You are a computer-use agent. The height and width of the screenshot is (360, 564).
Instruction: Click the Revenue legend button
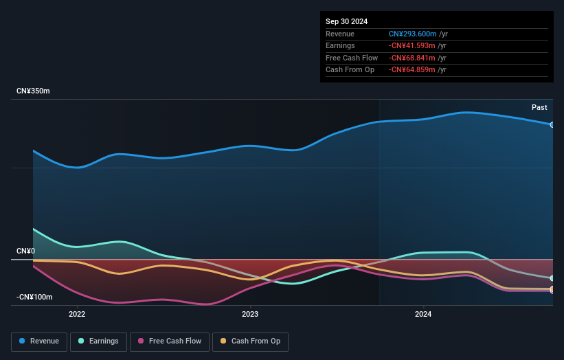point(39,341)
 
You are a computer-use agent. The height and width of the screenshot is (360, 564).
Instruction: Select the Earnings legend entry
point(98,341)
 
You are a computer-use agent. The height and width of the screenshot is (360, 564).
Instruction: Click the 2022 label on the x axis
point(77,315)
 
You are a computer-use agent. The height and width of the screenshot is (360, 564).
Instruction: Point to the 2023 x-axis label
point(250,315)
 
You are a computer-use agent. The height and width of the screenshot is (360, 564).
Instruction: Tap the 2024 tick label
point(423,315)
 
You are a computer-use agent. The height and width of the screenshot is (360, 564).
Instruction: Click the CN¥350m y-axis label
point(33,91)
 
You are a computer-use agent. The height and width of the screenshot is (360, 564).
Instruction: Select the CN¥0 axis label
point(25,251)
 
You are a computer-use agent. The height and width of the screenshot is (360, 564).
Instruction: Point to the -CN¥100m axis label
point(34,297)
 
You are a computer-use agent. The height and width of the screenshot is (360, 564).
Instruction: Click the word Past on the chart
point(539,107)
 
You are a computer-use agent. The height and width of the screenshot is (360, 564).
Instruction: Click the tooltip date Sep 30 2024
point(346,21)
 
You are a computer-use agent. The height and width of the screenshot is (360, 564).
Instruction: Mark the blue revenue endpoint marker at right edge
point(552,124)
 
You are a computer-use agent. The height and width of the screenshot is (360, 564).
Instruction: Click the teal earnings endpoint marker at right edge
point(552,278)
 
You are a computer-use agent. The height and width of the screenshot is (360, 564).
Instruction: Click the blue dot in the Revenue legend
point(23,341)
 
